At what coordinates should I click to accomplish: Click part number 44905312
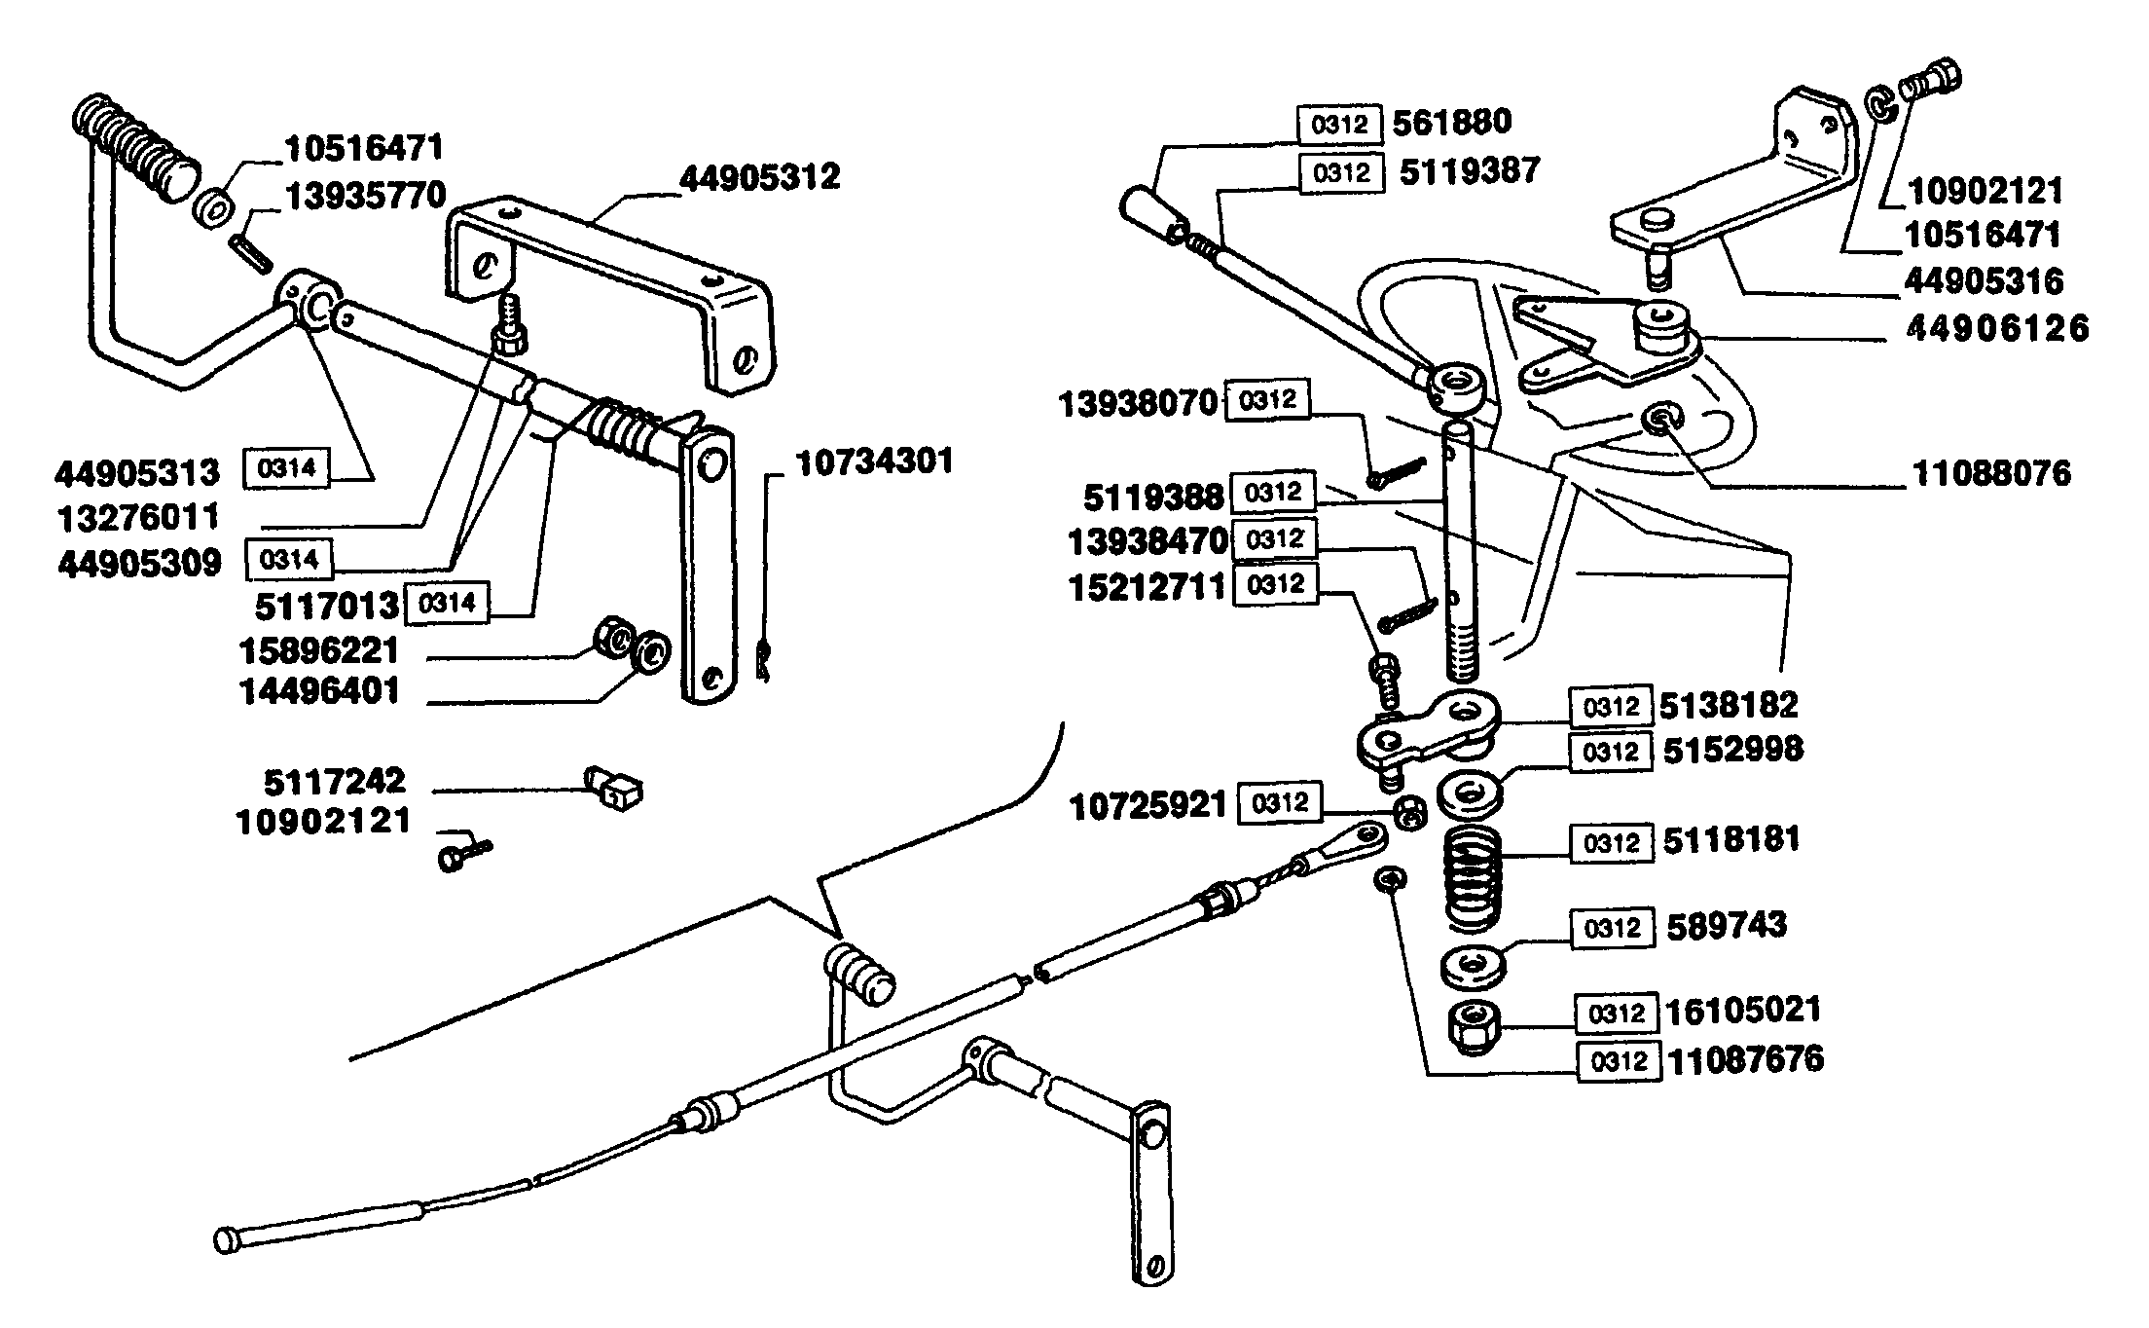pyautogui.click(x=759, y=178)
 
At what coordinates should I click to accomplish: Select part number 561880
pyautogui.click(x=1452, y=123)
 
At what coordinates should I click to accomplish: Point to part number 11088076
pyautogui.click(x=1992, y=474)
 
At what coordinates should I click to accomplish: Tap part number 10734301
pyautogui.click(x=875, y=461)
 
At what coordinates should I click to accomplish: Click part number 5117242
pyautogui.click(x=335, y=782)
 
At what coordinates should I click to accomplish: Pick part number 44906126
pyautogui.click(x=1997, y=328)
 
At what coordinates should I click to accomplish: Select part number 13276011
pyautogui.click(x=138, y=518)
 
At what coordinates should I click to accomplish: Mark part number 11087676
pyautogui.click(x=1746, y=1060)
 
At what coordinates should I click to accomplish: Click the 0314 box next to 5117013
pyautogui.click(x=448, y=604)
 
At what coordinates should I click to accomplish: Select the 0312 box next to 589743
pyautogui.click(x=1612, y=928)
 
